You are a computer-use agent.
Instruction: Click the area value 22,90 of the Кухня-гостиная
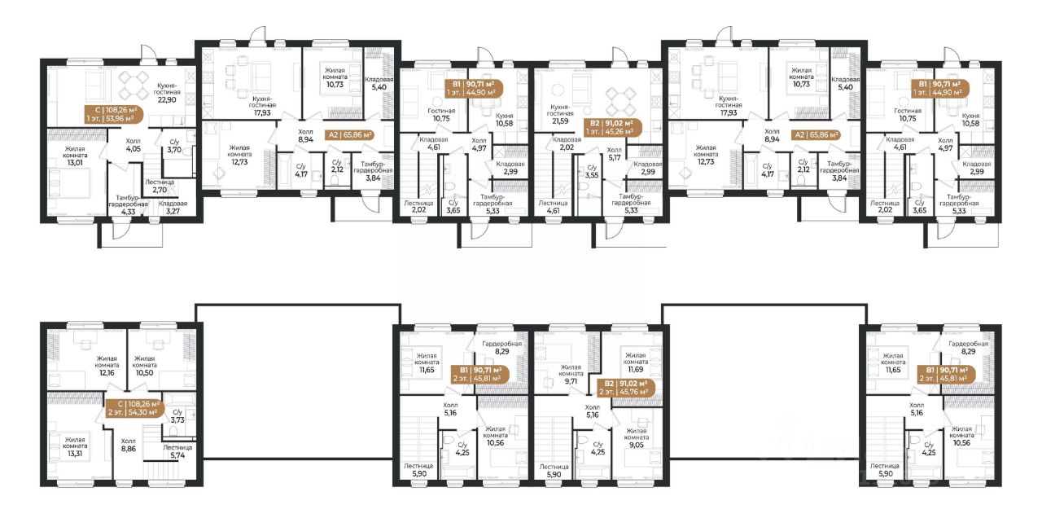pos(167,99)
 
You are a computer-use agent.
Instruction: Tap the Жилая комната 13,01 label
pos(75,155)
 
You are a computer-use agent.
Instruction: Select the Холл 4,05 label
pos(133,145)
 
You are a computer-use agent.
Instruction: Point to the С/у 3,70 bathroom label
pos(174,146)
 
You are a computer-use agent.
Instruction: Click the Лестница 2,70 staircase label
pos(160,186)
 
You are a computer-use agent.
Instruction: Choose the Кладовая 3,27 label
pos(173,207)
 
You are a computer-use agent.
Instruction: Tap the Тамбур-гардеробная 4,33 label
pos(129,204)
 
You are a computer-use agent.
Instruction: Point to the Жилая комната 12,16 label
pos(107,366)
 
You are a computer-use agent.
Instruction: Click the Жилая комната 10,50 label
pos(144,366)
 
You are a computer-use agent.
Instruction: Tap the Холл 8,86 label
pos(129,445)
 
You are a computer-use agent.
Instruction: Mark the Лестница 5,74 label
pos(177,451)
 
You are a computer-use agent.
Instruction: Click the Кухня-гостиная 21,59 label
pos(559,113)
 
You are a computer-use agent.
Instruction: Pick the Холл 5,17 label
pos(615,154)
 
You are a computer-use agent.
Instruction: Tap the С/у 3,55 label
pos(592,171)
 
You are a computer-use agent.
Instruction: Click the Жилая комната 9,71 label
pos(571,374)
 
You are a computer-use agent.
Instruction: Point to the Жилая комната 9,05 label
pos(637,437)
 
